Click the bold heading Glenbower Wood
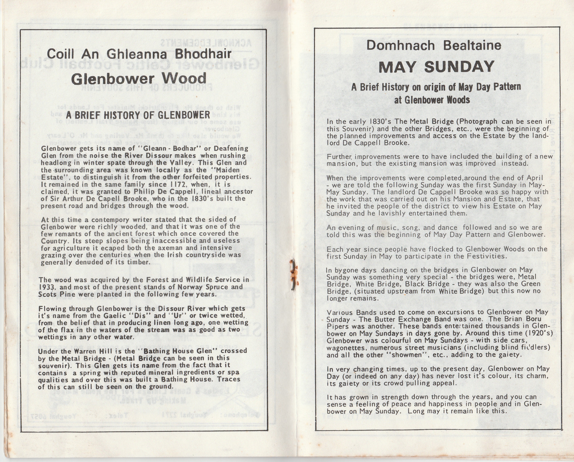[x=139, y=78]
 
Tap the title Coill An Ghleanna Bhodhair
[x=139, y=54]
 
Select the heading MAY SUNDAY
[x=436, y=67]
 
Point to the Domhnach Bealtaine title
[x=434, y=45]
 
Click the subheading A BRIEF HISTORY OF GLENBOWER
[x=138, y=115]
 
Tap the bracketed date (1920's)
[x=540, y=333]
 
